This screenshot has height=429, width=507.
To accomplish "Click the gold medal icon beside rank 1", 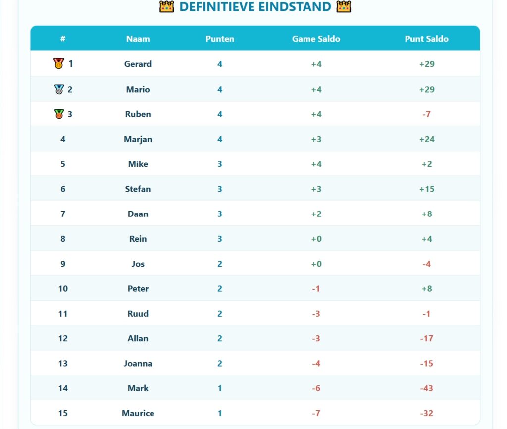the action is coord(58,63).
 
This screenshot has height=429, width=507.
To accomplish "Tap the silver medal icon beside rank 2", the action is coord(59,89).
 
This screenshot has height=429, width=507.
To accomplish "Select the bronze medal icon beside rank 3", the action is coord(59,114).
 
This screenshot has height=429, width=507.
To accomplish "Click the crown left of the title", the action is coord(166,7).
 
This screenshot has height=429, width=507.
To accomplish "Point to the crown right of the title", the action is coord(344,7).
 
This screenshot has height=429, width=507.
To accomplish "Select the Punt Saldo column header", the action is coord(426,39).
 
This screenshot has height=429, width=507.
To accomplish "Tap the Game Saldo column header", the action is coord(316,39).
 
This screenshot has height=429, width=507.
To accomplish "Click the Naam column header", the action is coord(138,39).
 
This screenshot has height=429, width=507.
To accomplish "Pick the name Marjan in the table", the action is coord(138,139).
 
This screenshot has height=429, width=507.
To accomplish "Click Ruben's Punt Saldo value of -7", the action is coord(426,114).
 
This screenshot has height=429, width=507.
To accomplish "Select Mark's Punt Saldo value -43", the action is coord(426,388).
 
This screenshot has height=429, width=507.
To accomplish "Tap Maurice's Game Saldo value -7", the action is coord(316,413).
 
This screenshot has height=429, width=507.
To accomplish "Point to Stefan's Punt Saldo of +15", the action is coord(427,189).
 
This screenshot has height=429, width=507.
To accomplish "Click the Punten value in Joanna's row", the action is coord(220,363).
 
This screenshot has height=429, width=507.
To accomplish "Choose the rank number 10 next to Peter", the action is coord(63,289).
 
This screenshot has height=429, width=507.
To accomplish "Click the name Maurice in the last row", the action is coord(138,413).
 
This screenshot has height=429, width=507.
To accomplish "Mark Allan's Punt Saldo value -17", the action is coord(426,338).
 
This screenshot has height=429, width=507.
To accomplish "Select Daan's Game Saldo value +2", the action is coord(316,214).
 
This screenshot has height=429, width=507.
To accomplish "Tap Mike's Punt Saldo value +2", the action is coord(427,164).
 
